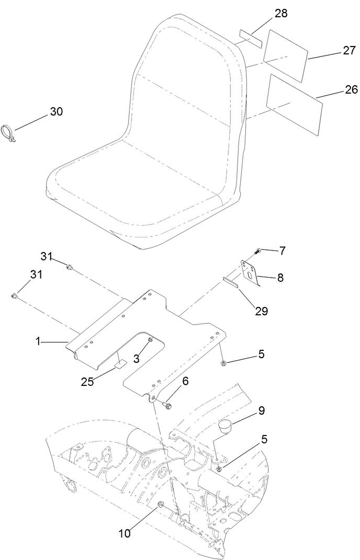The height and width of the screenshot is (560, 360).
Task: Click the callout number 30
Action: tap(56, 111)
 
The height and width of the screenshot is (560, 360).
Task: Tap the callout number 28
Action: tap(281, 14)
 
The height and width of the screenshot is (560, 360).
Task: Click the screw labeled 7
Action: tap(258, 252)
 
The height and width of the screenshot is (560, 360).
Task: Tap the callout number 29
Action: tap(261, 311)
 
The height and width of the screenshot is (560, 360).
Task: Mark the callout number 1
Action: tap(38, 341)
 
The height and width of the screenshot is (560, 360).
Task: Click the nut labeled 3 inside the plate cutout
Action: tap(150, 341)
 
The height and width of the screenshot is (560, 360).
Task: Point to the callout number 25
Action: tap(87, 381)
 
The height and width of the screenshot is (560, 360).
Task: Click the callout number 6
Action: tap(185, 382)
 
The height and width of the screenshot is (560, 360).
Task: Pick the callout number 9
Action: tap(261, 410)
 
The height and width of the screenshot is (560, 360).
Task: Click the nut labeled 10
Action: tap(161, 504)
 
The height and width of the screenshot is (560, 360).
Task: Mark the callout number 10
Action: tap(124, 533)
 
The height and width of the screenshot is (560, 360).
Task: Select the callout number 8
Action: tap(280, 278)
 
